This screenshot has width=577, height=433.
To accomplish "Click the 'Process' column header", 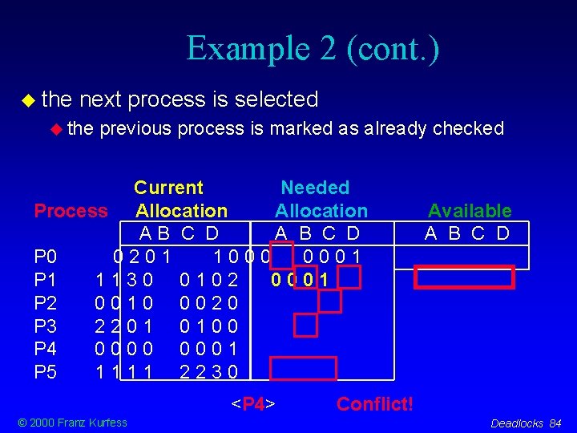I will click(x=71, y=211).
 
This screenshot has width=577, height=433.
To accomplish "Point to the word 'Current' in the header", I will click(x=168, y=188).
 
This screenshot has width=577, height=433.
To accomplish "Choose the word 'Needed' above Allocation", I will click(x=315, y=188).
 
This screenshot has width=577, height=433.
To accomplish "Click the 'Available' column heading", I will click(x=469, y=211).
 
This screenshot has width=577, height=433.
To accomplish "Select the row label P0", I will click(x=45, y=257).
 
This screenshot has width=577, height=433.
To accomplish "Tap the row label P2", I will click(x=45, y=303).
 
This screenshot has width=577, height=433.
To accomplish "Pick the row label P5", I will click(x=45, y=372).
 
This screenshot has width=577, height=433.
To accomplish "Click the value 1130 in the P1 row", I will click(x=123, y=280).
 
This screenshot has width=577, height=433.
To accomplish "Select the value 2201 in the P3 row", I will click(x=123, y=326).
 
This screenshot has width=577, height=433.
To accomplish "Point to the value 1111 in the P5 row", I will click(x=123, y=372).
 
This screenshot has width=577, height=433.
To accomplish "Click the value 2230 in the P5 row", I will click(x=208, y=372).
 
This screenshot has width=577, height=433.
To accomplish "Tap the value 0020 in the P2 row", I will click(x=208, y=303).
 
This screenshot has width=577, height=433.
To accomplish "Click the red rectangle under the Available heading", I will click(x=463, y=277).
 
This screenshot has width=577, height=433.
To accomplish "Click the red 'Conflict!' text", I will click(x=375, y=403).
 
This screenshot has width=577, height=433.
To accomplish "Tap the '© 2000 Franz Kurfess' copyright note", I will click(x=73, y=423).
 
